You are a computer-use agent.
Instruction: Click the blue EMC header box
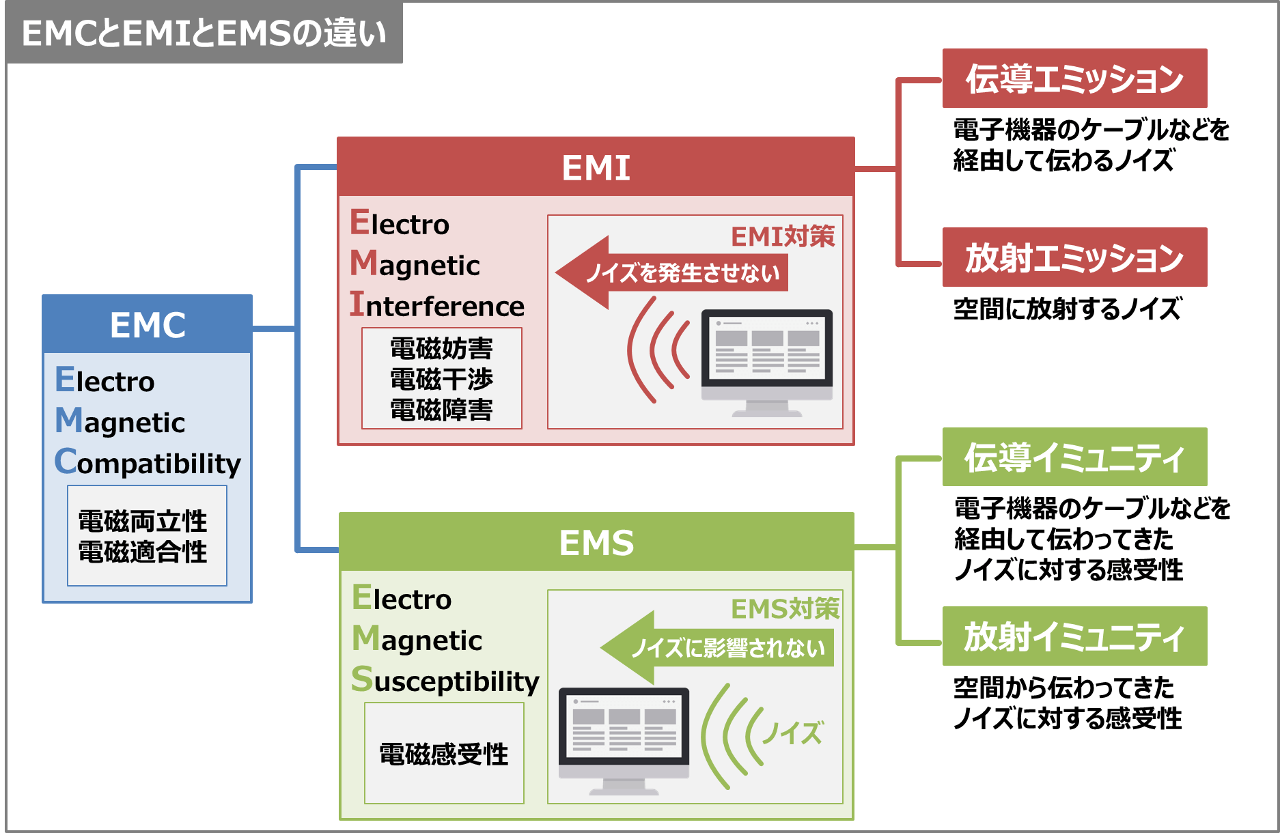(148, 324)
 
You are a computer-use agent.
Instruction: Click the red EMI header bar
(596, 167)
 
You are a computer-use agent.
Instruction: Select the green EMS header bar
(596, 542)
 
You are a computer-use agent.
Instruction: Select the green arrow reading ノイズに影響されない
(721, 647)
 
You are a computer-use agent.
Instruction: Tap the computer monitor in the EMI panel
(767, 362)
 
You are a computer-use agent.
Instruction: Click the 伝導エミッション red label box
(1074, 79)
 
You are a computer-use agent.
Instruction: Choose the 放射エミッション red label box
(1074, 257)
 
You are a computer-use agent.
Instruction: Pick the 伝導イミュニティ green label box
(1074, 457)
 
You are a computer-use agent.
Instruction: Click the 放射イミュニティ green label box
(1074, 636)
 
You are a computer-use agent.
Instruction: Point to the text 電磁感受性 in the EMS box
(444, 754)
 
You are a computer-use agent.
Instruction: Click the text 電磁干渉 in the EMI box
(441, 379)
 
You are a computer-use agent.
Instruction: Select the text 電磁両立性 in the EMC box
(143, 521)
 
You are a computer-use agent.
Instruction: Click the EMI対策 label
(783, 236)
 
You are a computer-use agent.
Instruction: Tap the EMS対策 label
(785, 608)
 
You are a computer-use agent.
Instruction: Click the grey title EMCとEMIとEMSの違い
(204, 33)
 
